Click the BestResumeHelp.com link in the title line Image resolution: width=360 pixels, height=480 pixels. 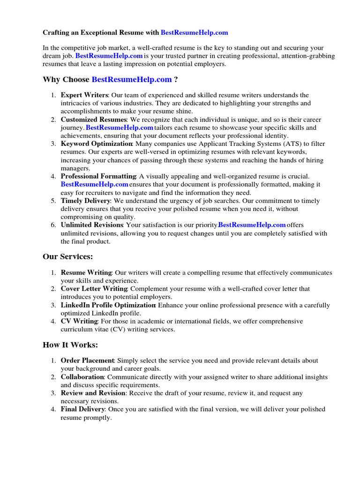(194, 33)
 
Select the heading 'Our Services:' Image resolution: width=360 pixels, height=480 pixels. (68, 256)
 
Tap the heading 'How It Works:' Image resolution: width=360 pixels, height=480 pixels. (70, 345)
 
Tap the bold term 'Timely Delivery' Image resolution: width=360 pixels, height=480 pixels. (85, 201)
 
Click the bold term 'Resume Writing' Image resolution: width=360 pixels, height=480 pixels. (86, 272)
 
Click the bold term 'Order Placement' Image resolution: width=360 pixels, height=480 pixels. (88, 360)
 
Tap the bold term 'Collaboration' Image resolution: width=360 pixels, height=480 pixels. (82, 377)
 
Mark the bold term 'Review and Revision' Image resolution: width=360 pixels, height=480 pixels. (93, 393)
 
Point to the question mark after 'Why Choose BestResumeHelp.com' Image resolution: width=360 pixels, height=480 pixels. (176, 79)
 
